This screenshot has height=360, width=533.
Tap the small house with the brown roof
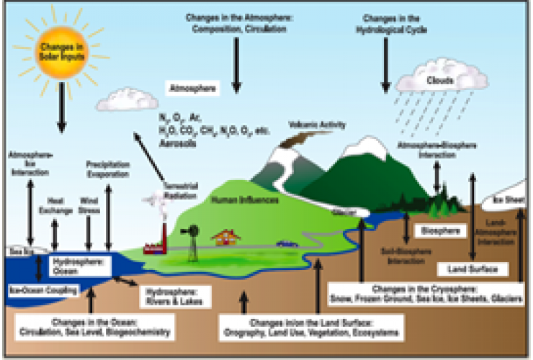click(x=226, y=238)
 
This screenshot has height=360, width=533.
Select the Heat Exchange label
click(x=55, y=204)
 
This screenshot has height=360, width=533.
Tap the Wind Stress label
click(x=87, y=204)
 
